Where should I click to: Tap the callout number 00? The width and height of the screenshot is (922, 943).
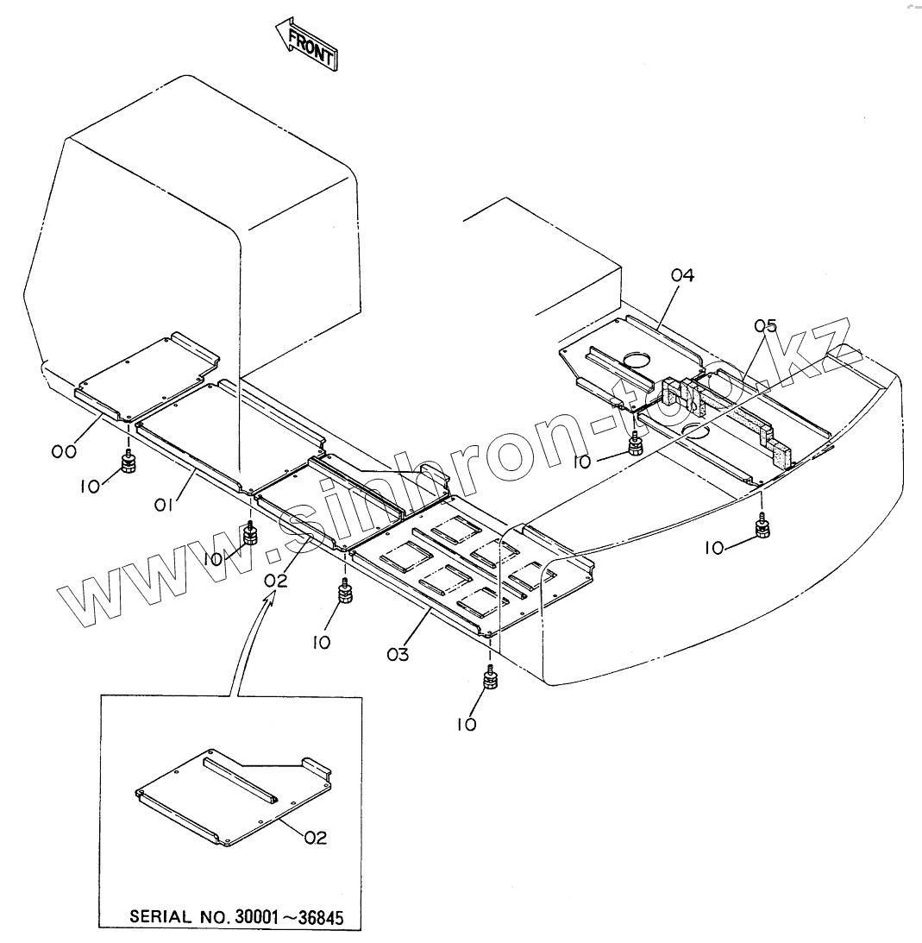[x=64, y=450]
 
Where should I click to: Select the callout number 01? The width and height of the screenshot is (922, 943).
[x=165, y=503]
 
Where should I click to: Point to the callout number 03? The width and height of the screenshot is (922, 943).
[x=398, y=655]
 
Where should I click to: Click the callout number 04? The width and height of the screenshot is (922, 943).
[x=682, y=276]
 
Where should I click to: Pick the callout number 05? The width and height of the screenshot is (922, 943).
[x=765, y=326]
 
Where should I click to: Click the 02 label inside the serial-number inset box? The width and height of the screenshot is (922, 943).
[x=315, y=837]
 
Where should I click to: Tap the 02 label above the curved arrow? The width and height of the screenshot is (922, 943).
[x=276, y=580]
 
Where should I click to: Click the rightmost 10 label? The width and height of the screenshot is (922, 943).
[x=715, y=549]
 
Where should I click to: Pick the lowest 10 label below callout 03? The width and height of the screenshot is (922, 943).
[x=466, y=725]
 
